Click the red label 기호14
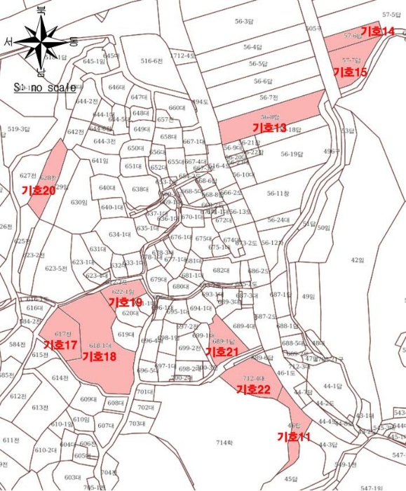point(377,32)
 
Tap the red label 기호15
point(349,72)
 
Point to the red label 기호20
point(39,190)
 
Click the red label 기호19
point(126,302)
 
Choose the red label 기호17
point(60,345)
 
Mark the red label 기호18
point(99,356)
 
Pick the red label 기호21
point(222,351)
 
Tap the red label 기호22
point(253,389)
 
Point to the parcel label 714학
point(224,443)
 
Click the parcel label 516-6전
point(151,61)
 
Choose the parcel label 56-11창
point(278,193)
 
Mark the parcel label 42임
point(357,260)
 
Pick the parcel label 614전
point(60,377)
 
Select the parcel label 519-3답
point(19,129)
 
